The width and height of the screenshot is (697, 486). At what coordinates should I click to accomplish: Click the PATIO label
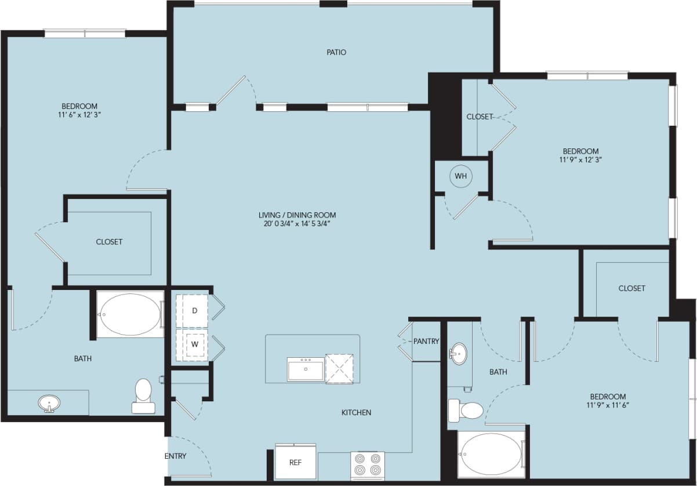[336, 52]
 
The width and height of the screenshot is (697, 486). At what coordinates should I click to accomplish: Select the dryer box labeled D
[194, 310]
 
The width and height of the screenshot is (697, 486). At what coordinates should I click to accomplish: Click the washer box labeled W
[194, 343]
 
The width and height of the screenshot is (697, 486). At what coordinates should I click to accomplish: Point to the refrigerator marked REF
[296, 462]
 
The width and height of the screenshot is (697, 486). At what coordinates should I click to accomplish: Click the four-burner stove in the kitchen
[368, 465]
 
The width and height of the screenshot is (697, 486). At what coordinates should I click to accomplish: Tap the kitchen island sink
[306, 369]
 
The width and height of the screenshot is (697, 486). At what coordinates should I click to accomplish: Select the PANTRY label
[426, 341]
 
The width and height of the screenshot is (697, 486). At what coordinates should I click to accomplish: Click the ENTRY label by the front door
[176, 456]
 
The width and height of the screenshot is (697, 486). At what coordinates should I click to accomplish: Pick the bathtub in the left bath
[130, 314]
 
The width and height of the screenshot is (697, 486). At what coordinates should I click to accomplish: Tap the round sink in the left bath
[49, 402]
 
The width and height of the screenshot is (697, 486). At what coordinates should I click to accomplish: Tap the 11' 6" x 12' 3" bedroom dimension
[79, 115]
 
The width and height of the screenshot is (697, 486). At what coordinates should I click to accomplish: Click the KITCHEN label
[356, 412]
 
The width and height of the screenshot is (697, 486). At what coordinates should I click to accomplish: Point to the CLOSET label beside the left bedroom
[109, 242]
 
